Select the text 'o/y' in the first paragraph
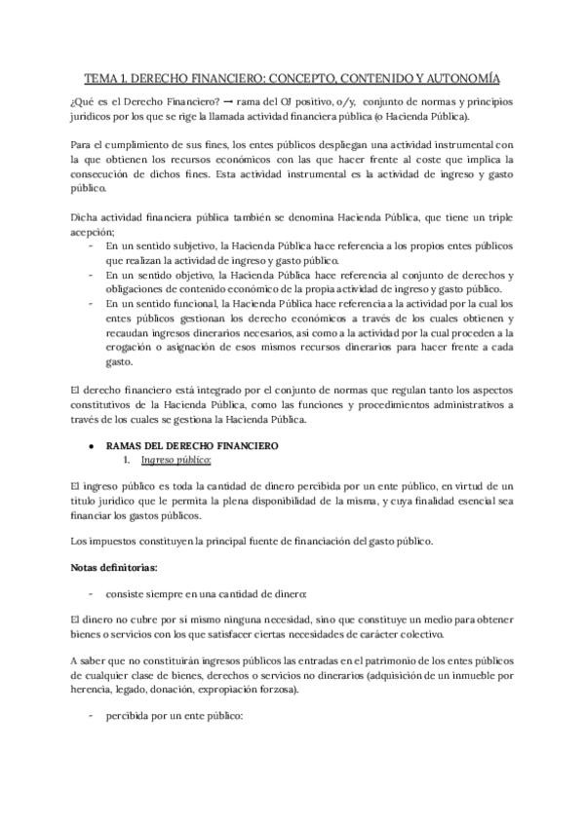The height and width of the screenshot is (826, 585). coord(344,102)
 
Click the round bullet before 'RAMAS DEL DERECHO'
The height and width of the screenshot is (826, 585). coord(90,446)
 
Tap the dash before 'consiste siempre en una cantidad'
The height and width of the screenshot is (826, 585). coord(90,593)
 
